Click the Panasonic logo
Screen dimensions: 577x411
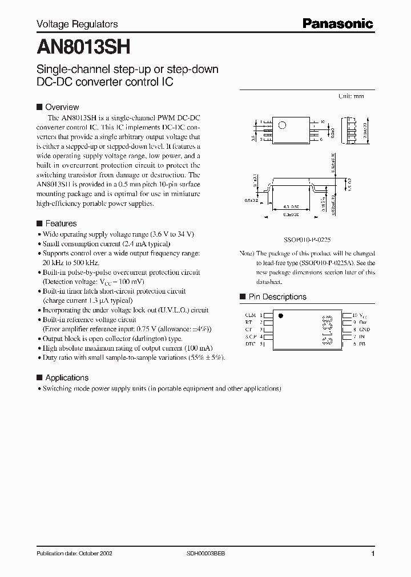click(337, 23)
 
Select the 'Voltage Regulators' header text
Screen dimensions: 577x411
click(77, 24)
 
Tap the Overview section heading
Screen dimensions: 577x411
click(62, 107)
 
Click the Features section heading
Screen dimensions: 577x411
click(61, 224)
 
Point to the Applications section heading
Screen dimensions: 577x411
click(66, 377)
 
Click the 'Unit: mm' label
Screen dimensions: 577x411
click(351, 96)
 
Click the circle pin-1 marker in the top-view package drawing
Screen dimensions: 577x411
click(281, 125)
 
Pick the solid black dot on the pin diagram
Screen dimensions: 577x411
click(280, 315)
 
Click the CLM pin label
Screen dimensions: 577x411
click(250, 315)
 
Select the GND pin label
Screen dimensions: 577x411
click(365, 330)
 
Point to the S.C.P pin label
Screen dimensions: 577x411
click(250, 337)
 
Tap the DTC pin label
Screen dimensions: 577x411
click(250, 344)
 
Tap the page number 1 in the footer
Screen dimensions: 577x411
click(373, 555)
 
